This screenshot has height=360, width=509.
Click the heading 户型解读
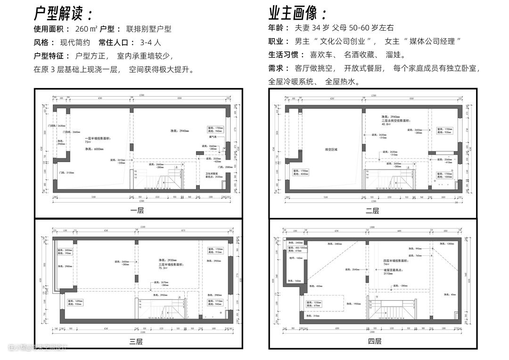coord(63,13)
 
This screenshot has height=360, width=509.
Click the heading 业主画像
coord(297,13)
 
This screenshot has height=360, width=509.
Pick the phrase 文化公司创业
coord(342,41)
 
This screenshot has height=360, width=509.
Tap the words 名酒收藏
coord(359,55)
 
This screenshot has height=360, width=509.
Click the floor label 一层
coord(137,210)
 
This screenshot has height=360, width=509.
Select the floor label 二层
coord(372,211)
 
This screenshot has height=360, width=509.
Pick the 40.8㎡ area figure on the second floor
coord(387,124)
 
